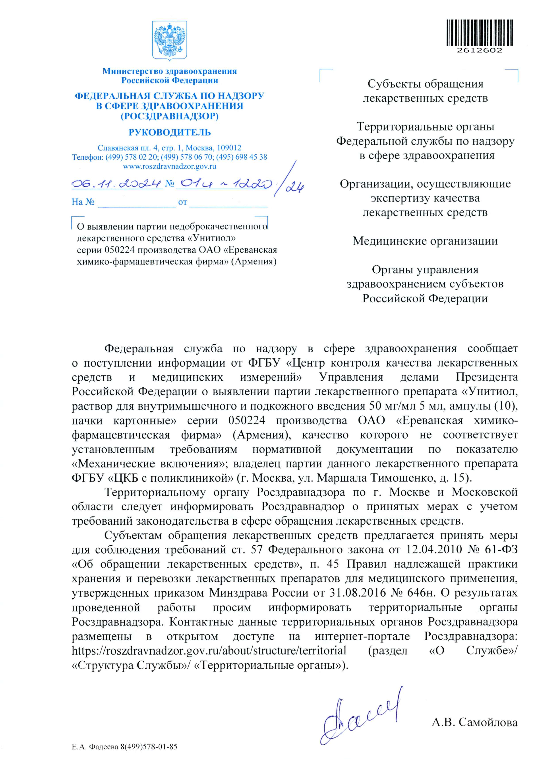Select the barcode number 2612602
pyautogui.click(x=480, y=50)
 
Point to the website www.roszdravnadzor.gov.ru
pyautogui.click(x=170, y=166)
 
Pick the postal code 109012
pyautogui.click(x=229, y=148)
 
